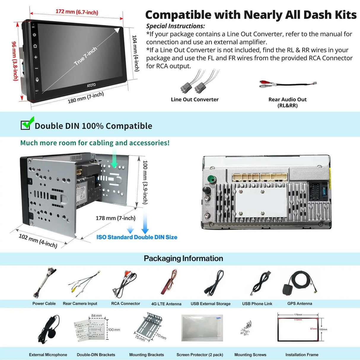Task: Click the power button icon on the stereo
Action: click(34, 35)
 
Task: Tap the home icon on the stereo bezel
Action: click(35, 46)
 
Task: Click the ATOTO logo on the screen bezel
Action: click(91, 85)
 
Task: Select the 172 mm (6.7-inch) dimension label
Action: click(77, 12)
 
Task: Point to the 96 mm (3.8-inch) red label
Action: click(15, 61)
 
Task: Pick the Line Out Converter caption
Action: click(195, 100)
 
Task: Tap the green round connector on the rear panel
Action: click(211, 179)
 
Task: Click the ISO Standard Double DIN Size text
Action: click(137, 237)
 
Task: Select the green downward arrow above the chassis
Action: click(114, 159)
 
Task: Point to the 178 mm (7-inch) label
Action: click(115, 218)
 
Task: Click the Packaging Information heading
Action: click(183, 259)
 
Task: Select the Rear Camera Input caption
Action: click(80, 304)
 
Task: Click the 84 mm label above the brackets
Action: click(96, 316)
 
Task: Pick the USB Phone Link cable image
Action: click(261, 283)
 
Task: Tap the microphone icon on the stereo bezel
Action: click(37, 80)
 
